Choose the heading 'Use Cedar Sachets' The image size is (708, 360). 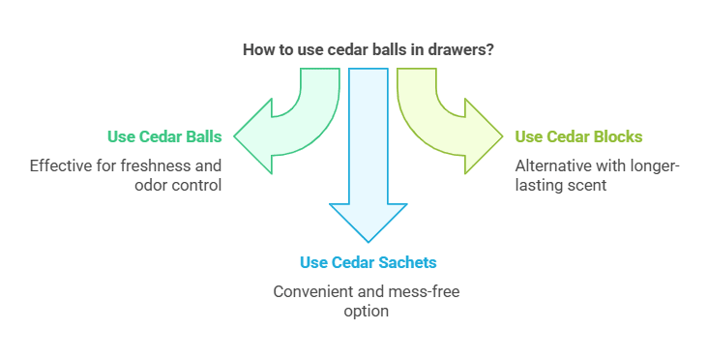click(x=367, y=262)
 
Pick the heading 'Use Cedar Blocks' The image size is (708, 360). click(x=578, y=136)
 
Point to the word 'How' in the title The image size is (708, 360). click(x=258, y=49)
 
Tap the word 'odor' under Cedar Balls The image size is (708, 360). click(x=148, y=184)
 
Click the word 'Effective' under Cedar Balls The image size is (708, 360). click(x=61, y=165)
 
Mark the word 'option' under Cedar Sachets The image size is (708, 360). click(x=367, y=311)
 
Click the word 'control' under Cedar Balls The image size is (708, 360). click(x=197, y=184)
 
